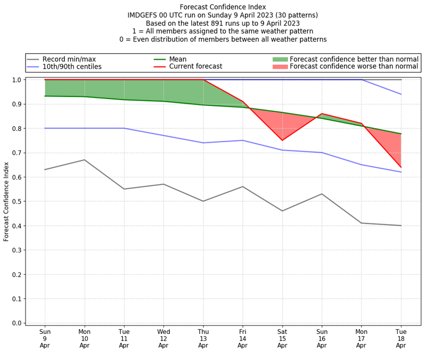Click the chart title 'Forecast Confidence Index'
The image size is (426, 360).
[223, 7]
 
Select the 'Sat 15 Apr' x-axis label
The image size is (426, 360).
[282, 338]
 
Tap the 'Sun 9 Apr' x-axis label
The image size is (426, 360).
[45, 338]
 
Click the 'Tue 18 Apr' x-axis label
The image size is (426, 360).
[400, 338]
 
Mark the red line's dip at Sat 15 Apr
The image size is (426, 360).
[282, 141]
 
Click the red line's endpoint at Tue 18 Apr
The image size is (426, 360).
[400, 167]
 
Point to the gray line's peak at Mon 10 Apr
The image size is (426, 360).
[84, 160]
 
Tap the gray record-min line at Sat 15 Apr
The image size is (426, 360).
[282, 211]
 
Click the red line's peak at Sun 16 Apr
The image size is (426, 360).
[322, 113]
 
